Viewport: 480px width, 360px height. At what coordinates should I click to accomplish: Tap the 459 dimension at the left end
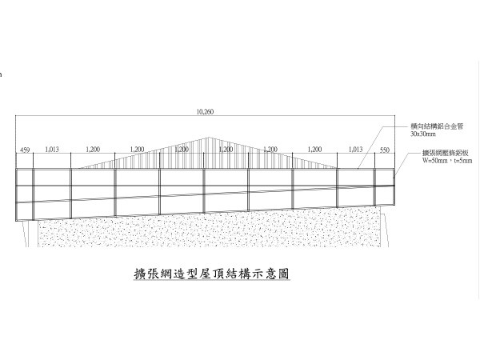coord(25,150)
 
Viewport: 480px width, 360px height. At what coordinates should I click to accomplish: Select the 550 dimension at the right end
coord(385,150)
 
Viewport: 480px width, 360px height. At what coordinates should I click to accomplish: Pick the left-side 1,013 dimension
coord(52,150)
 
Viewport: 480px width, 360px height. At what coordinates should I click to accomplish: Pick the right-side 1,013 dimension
coord(357,150)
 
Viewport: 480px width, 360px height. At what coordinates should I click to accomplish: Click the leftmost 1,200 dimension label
coord(93,150)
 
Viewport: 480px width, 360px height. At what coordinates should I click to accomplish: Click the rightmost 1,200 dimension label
coord(314,150)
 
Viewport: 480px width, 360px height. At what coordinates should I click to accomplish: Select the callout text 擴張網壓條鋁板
coord(428,153)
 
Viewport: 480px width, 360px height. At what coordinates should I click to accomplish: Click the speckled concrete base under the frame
coord(208,232)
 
